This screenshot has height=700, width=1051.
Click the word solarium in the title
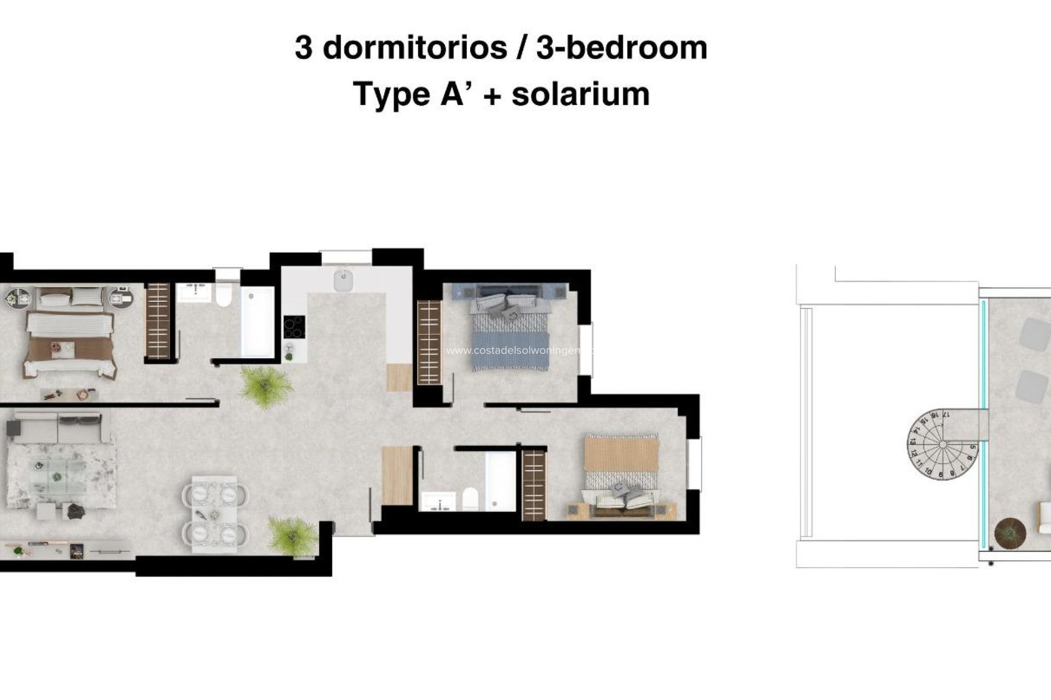(x=580, y=94)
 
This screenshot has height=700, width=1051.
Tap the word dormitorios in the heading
(x=415, y=48)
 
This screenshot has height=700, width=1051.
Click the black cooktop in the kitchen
(x=294, y=327)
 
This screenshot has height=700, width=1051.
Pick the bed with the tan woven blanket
(x=621, y=470)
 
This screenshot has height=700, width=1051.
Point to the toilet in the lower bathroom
(x=470, y=499)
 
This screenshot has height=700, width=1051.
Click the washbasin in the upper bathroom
(x=194, y=292)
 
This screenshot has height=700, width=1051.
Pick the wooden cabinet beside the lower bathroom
(x=396, y=475)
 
